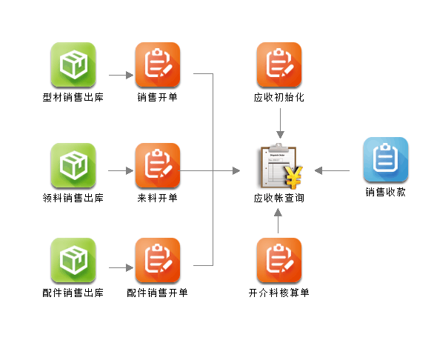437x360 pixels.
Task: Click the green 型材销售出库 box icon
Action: point(73,64)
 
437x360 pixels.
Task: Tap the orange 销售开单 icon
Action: point(158,64)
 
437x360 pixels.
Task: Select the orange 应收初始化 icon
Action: point(279,64)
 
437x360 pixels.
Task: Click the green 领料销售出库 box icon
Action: point(73,165)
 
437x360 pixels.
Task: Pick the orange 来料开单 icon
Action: point(158,165)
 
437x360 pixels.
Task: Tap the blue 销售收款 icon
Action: point(386,159)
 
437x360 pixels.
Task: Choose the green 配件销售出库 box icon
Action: point(73,260)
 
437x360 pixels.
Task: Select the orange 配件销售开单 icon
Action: point(158,260)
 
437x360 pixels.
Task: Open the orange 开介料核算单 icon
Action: point(279,260)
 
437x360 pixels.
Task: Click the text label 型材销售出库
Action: point(73,97)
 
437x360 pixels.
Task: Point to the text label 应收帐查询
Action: point(279,198)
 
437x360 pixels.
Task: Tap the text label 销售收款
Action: point(386,192)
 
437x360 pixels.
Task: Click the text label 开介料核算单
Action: point(279,293)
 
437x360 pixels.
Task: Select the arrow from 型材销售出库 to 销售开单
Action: point(121,75)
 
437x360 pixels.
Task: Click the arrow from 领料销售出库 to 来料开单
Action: point(121,170)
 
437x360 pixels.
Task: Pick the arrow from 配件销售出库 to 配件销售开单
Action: point(121,267)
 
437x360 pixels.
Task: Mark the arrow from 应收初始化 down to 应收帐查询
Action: point(280,123)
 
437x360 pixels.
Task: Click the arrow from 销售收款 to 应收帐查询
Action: point(333,170)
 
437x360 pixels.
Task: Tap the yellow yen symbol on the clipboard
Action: point(293,177)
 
